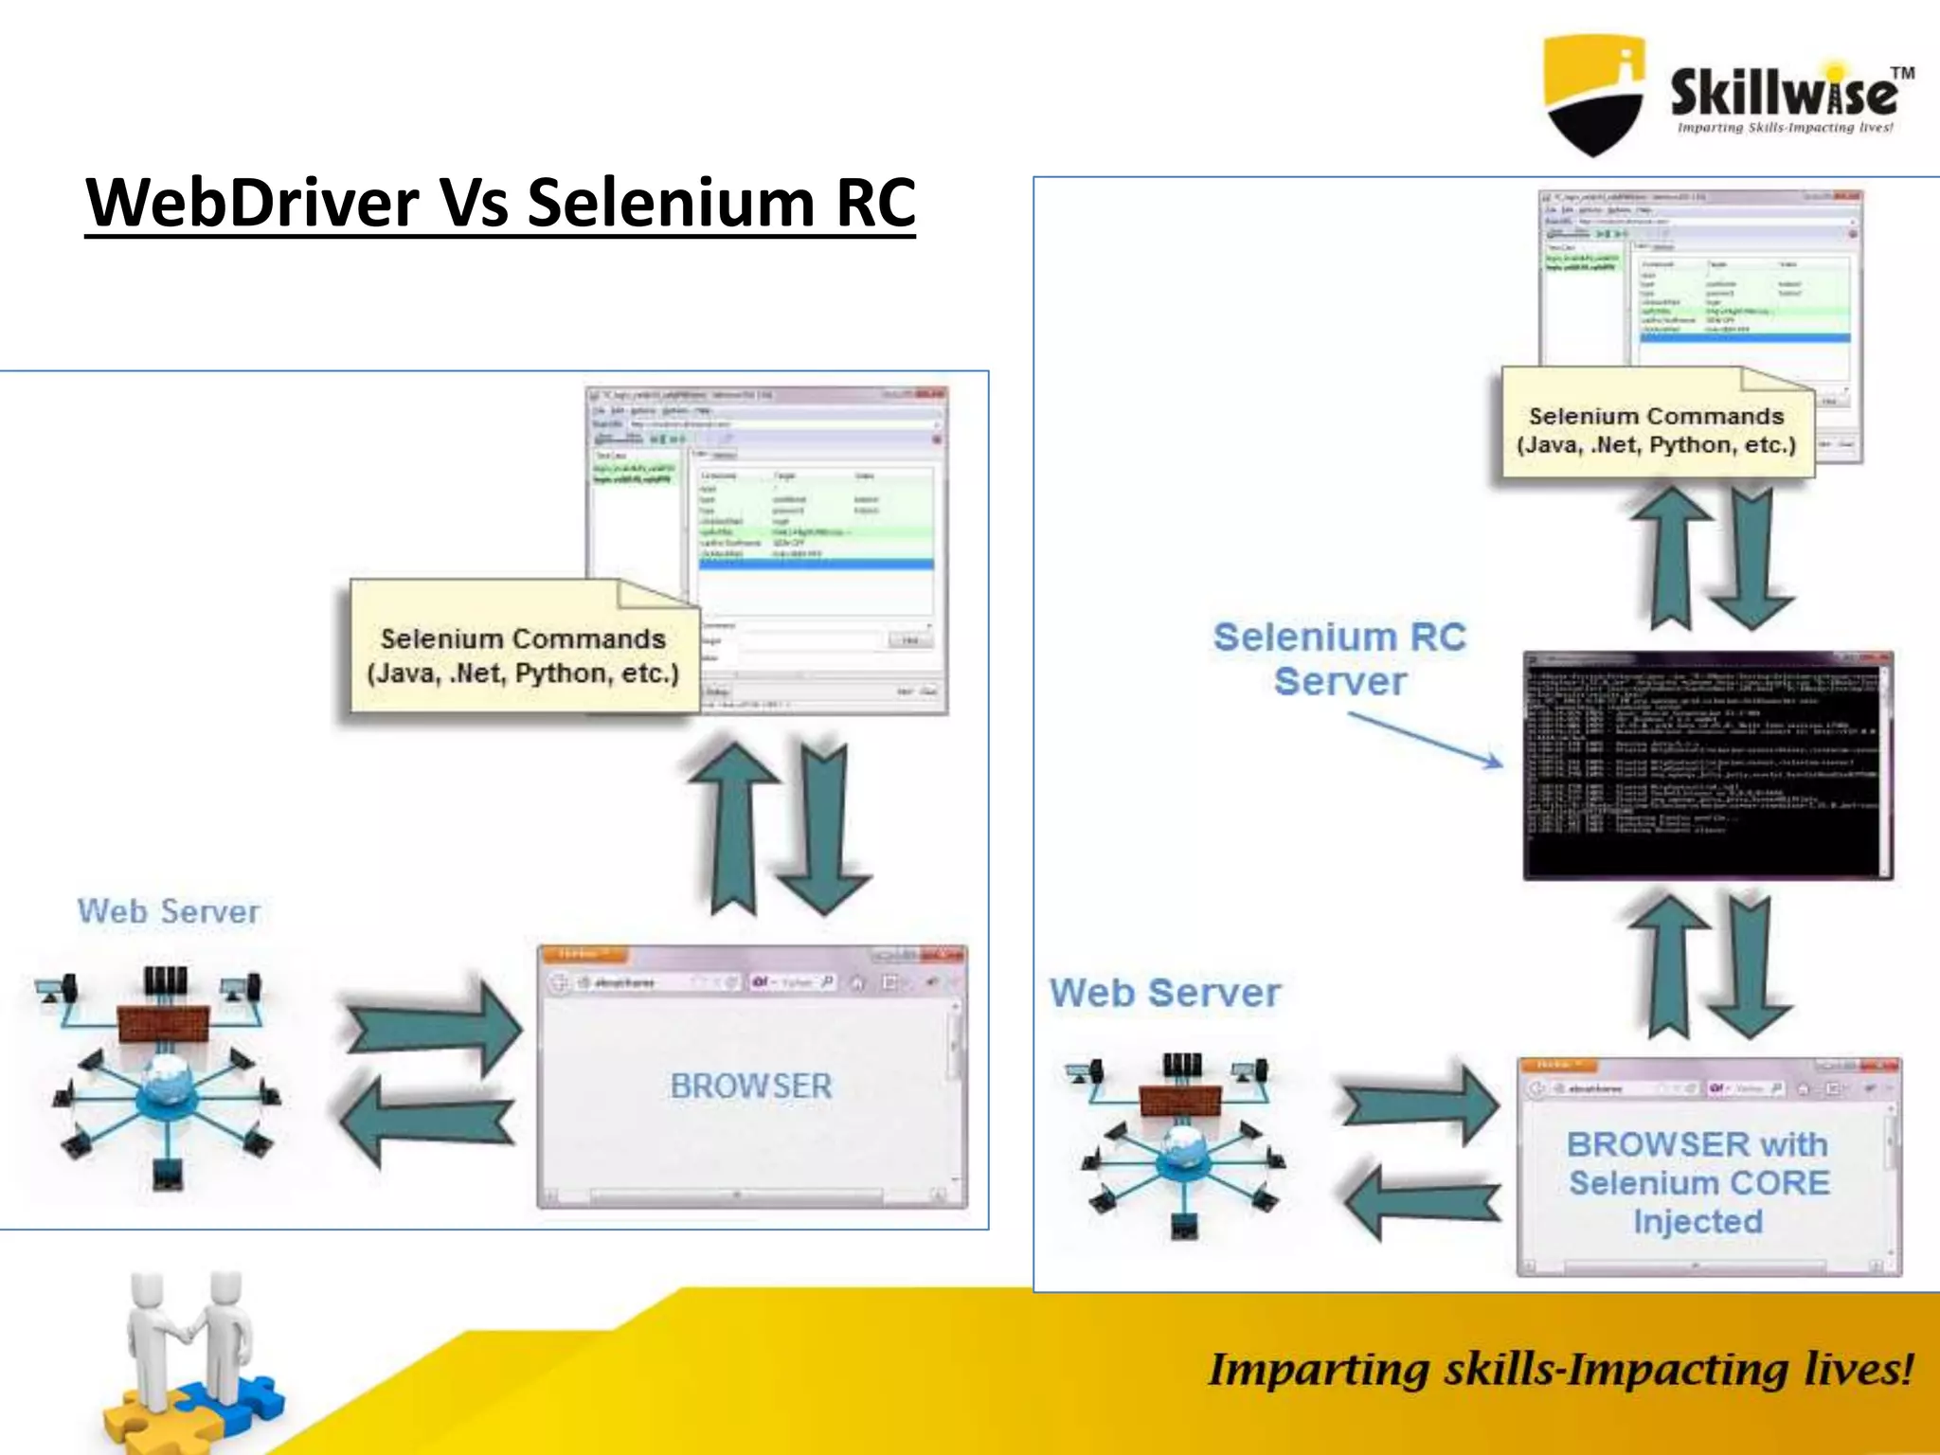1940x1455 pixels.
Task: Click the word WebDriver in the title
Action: pos(252,202)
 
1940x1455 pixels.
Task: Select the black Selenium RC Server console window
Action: pos(1707,765)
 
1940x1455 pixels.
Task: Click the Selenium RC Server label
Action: pos(1339,658)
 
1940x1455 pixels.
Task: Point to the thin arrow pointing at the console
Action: pos(1425,740)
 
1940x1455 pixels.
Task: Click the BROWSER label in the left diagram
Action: pos(750,1086)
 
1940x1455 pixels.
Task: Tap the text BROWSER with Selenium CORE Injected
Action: pos(1698,1182)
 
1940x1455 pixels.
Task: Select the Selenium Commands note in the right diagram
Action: pos(1656,430)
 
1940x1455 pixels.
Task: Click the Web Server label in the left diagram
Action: pos(169,911)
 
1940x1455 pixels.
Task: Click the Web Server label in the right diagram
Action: pos(1164,993)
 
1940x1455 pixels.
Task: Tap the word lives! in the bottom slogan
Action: pos(1858,1370)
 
